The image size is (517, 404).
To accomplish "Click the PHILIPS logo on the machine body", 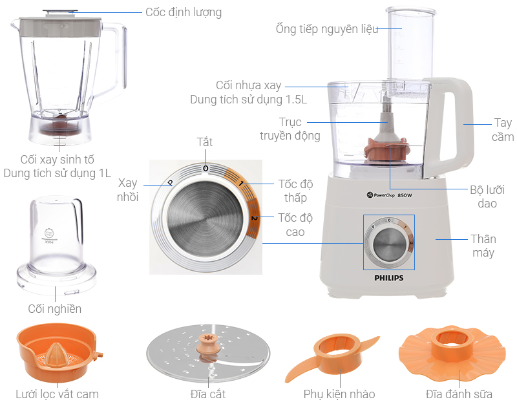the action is pyautogui.click(x=389, y=278).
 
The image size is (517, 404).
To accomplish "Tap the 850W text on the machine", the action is pyautogui.click(x=405, y=195).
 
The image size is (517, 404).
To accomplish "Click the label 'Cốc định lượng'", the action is pyautogui.click(x=184, y=12).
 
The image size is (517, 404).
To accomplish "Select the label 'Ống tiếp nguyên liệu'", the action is pyautogui.click(x=327, y=28).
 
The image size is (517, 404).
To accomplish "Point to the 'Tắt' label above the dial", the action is pyautogui.click(x=205, y=142).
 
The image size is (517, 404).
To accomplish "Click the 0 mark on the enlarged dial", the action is pyautogui.click(x=206, y=169).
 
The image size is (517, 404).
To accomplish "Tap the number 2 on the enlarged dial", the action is pyautogui.click(x=254, y=218).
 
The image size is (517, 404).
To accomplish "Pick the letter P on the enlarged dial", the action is pyautogui.click(x=171, y=182).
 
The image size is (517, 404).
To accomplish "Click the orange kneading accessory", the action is pyautogui.click(x=332, y=357).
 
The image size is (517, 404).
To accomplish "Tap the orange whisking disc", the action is pyautogui.click(x=452, y=353).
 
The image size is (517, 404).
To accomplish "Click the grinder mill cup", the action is pyautogui.click(x=56, y=246).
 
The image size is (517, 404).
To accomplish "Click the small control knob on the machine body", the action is pyautogui.click(x=389, y=242).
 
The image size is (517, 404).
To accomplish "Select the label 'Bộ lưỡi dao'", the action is pyautogui.click(x=487, y=197).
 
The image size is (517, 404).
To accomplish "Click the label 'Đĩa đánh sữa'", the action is pyautogui.click(x=459, y=394).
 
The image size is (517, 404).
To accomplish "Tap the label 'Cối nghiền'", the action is pyautogui.click(x=55, y=309).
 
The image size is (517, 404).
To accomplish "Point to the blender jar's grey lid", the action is pyautogui.click(x=60, y=27).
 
